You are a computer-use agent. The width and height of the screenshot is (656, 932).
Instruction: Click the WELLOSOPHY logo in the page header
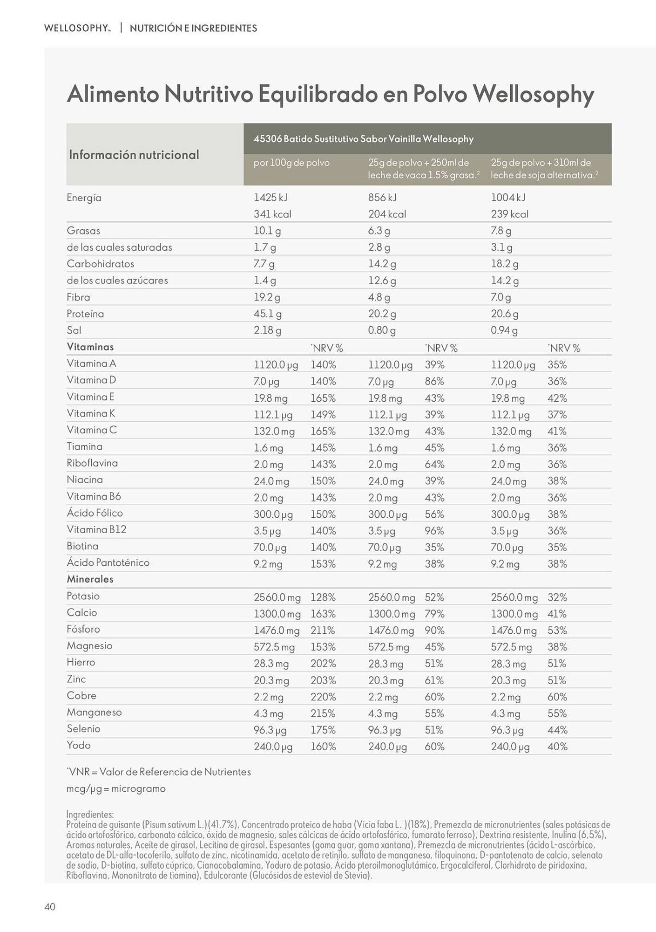[77, 28]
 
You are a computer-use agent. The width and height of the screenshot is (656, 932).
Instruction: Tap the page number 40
[50, 906]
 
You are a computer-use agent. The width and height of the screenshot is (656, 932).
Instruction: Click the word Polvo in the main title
[440, 94]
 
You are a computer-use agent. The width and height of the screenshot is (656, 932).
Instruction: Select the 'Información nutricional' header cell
[134, 155]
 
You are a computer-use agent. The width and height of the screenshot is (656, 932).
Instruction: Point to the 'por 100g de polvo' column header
[291, 163]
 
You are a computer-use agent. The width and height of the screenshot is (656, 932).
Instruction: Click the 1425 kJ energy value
[271, 198]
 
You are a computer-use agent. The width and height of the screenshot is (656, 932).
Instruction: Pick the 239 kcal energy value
[509, 214]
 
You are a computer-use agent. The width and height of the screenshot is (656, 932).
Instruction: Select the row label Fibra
[78, 297]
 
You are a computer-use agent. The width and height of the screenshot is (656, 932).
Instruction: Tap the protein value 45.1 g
[267, 314]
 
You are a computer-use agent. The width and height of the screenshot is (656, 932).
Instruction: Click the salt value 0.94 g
[504, 330]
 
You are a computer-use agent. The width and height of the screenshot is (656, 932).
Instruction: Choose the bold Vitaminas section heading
[90, 347]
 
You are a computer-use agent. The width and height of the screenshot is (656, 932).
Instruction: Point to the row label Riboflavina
[92, 463]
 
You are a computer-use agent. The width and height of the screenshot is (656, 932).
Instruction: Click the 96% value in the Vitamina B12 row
[434, 531]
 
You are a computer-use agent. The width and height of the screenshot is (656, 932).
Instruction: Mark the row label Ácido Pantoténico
[108, 562]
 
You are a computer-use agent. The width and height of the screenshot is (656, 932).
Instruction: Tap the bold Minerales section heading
[90, 579]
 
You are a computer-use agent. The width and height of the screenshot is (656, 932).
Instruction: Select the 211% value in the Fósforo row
[323, 630]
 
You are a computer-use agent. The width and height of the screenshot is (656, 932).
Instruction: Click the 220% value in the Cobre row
[323, 697]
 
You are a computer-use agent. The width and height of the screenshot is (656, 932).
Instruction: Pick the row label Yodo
[79, 745]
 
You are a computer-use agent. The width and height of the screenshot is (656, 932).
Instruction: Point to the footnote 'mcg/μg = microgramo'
[116, 788]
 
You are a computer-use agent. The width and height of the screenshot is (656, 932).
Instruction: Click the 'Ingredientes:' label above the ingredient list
[90, 814]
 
